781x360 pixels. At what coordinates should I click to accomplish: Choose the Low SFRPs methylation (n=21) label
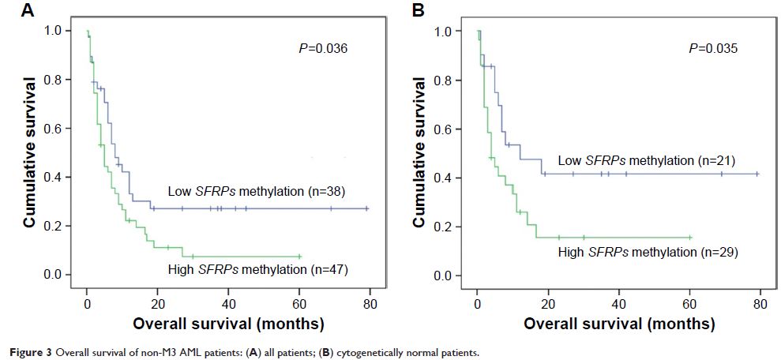(647, 161)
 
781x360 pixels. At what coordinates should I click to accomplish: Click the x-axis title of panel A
(228, 324)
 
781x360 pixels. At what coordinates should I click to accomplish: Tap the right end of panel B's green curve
(689, 237)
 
